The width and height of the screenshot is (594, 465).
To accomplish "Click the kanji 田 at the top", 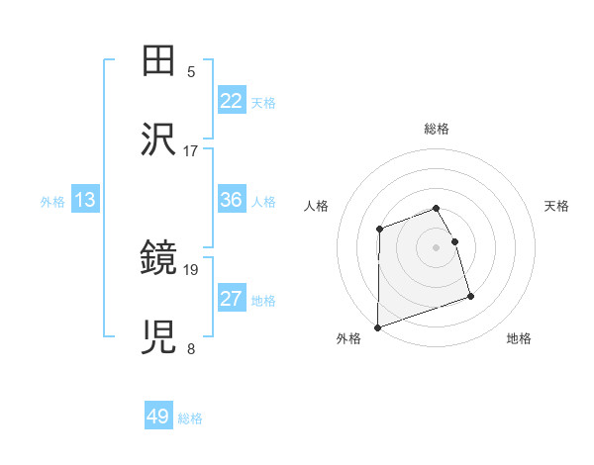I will (159, 61).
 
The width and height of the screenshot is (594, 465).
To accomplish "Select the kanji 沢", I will (159, 140).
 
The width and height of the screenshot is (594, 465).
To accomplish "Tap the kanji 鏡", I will (159, 259).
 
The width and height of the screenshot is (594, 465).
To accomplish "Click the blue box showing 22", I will (232, 101).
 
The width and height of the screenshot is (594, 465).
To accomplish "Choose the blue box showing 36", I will (232, 200).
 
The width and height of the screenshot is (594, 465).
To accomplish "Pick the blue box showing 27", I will (232, 299).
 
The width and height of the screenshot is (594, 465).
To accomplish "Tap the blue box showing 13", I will (85, 200).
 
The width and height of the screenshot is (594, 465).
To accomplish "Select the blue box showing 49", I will (158, 418).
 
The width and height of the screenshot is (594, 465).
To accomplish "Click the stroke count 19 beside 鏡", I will (191, 269).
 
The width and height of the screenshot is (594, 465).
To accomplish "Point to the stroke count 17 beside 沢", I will (191, 150).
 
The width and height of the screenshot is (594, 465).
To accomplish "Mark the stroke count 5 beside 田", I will (191, 71).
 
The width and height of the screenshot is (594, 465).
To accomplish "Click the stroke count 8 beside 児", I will (191, 348).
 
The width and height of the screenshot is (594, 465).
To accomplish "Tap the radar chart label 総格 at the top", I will (437, 129).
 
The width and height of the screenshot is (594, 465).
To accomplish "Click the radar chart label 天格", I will (557, 206).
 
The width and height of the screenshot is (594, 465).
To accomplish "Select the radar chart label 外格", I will (348, 338).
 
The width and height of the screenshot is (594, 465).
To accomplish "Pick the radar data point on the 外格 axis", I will (378, 326).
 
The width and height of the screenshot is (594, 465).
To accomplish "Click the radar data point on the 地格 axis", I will (470, 295).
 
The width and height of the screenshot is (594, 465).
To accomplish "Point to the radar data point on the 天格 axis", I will (454, 241).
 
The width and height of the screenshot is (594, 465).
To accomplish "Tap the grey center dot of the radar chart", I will (437, 246).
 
